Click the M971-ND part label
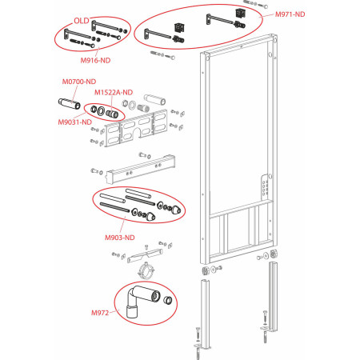click(x=290, y=14)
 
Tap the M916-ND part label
click(x=95, y=60)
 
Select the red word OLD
click(x=82, y=21)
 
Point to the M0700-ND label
click(x=79, y=82)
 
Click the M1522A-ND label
click(x=114, y=92)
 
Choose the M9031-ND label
click(x=75, y=122)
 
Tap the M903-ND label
click(x=120, y=238)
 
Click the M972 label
click(x=100, y=313)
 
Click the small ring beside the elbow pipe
click(x=167, y=300)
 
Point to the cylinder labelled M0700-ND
click(x=70, y=103)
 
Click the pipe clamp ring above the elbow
click(x=146, y=270)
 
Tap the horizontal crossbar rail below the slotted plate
click(x=141, y=169)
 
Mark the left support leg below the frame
click(x=205, y=314)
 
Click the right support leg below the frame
click(x=273, y=296)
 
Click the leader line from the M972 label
click(x=114, y=311)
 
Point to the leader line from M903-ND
click(x=123, y=225)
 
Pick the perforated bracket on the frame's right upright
click(x=264, y=186)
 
